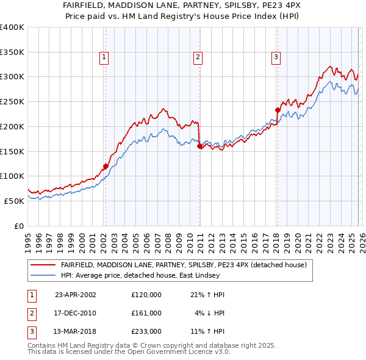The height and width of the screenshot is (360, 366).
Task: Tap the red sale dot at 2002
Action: point(106,166)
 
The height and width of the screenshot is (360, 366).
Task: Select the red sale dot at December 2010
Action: point(199,146)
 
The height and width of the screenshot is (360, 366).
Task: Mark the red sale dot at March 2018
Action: point(277,110)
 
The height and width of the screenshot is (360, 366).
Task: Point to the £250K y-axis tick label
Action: point(12,101)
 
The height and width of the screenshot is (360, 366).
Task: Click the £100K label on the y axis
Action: point(12,176)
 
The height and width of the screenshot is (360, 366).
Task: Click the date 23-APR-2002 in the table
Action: point(75,294)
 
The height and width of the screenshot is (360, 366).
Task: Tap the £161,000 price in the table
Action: point(146,313)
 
